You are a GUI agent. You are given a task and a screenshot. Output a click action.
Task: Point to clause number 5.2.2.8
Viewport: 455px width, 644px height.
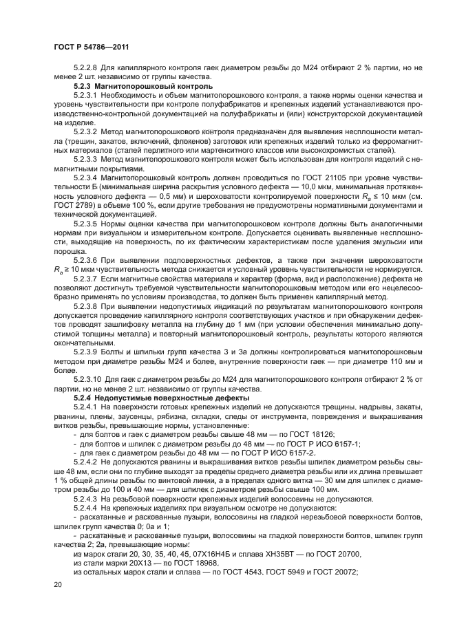(85, 69)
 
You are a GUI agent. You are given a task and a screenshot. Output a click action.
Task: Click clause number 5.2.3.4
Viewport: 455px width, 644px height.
(85, 178)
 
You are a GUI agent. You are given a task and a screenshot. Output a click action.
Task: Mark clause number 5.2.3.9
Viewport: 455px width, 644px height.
(85, 352)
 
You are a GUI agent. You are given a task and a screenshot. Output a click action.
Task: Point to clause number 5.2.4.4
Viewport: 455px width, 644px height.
(85, 508)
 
